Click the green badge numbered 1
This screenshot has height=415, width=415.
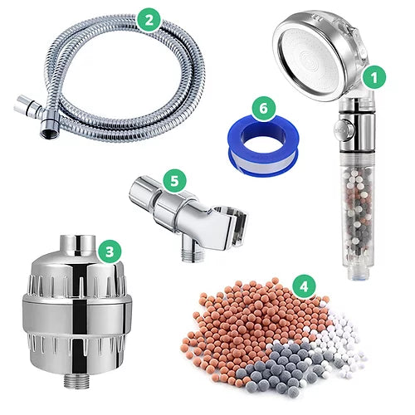coord(374,78)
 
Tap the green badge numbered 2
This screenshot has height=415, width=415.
coord(149,20)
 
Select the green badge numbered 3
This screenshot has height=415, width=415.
coord(110,252)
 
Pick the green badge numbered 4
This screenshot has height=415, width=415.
coord(304,286)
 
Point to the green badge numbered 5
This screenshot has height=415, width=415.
coord(174,181)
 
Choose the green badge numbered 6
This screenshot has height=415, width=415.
coord(264,108)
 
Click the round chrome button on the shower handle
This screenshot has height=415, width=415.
coord(343,128)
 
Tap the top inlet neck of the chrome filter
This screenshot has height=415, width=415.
coord(78,243)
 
